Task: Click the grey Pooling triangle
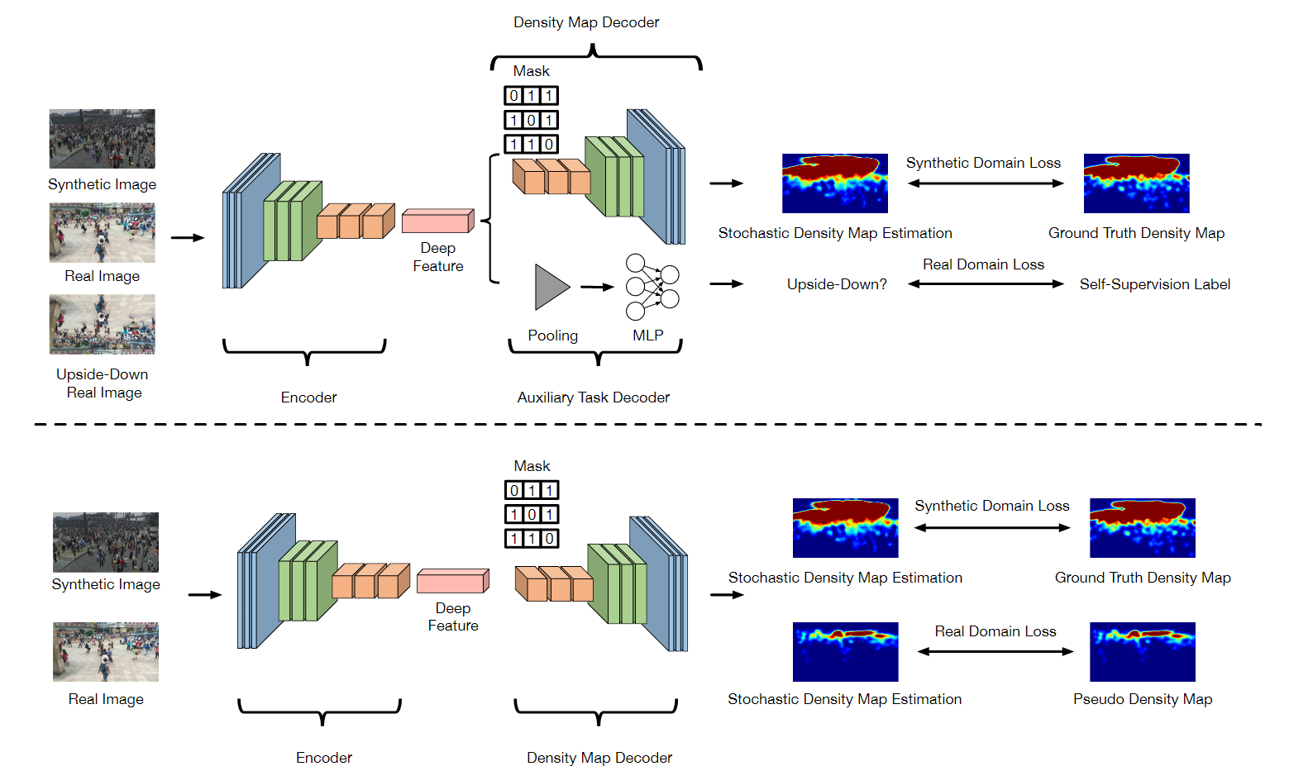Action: pos(550,288)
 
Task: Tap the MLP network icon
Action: pos(652,287)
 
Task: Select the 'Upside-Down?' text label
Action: pos(837,284)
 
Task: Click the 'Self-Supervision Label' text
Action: pos(1154,284)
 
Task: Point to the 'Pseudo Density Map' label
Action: pos(1142,699)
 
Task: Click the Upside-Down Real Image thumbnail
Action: pos(102,325)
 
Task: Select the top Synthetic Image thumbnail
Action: pos(102,139)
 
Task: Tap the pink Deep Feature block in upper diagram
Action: pos(437,221)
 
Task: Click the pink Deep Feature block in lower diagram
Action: pos(452,582)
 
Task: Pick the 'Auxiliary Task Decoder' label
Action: pos(593,397)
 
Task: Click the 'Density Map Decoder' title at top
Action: pos(585,22)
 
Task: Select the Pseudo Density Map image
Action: pos(1142,652)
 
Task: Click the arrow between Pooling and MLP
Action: pos(597,288)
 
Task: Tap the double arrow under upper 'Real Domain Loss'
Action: pos(985,284)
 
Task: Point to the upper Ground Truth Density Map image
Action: pos(1136,183)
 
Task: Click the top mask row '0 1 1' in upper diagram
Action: pos(531,96)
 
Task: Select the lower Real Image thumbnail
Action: pos(105,652)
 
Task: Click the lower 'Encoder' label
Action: pos(323,758)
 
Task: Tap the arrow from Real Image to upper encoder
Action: pos(187,238)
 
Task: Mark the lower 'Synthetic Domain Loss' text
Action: pos(991,506)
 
